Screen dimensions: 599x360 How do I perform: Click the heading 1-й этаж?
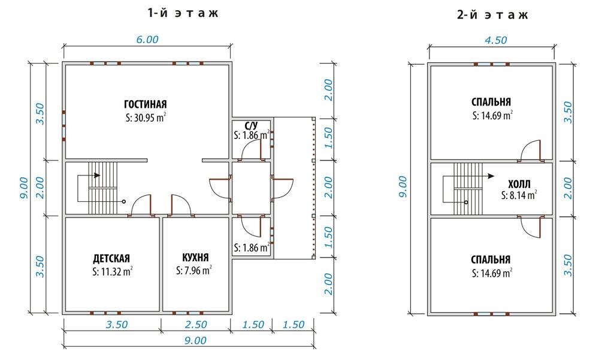183,13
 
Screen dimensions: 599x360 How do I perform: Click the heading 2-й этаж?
492,14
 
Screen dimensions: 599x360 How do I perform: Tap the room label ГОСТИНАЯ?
146,104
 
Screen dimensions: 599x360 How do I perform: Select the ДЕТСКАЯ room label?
111,258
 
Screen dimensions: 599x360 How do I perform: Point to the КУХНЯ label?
196,257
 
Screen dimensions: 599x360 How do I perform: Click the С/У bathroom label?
252,125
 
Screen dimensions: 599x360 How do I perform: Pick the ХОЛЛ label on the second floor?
519,184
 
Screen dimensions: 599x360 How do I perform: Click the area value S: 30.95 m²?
146,117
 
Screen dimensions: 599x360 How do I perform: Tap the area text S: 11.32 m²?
113,272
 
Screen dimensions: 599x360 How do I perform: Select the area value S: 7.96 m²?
193,271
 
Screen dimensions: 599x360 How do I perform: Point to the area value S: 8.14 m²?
519,195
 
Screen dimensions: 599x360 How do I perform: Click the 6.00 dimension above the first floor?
147,40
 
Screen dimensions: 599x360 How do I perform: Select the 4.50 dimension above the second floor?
495,40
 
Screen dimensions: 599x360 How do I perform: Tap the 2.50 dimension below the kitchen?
196,325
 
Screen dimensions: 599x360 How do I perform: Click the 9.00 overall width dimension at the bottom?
195,340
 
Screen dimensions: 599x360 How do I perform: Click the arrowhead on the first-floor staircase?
98,175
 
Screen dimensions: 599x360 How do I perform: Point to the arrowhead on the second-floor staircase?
491,176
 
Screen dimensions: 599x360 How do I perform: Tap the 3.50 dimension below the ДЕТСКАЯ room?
117,325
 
